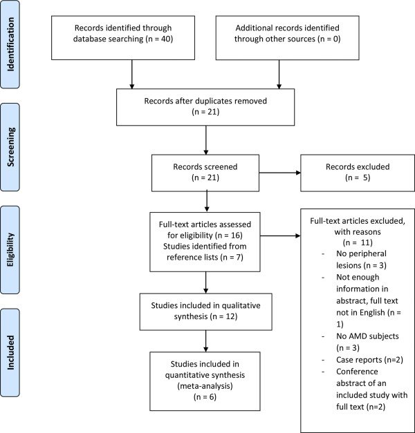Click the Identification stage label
(x=10, y=44)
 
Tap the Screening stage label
(x=10, y=147)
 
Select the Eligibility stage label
(x=10, y=249)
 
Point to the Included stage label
(x=10, y=353)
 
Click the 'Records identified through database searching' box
(x=123, y=38)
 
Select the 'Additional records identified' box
(x=288, y=38)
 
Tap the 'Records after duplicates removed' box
(x=205, y=107)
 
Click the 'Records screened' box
(x=205, y=173)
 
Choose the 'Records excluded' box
(x=358, y=173)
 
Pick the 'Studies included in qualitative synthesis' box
(x=206, y=311)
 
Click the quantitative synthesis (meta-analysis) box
(x=205, y=381)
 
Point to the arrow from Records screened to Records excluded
(x=280, y=173)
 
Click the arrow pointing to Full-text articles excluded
(x=280, y=235)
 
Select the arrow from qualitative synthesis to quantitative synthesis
(x=206, y=341)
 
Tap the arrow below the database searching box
(x=132, y=75)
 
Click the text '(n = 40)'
(x=159, y=39)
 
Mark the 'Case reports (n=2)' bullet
(x=369, y=360)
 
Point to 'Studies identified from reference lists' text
(x=205, y=251)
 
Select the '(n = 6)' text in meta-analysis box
(x=205, y=397)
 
